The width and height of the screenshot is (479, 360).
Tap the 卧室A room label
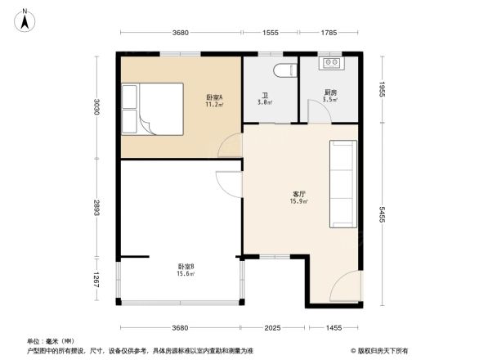pos(215,101)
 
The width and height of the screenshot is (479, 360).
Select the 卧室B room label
pos(185,270)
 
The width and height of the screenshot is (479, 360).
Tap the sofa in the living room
pos(342,184)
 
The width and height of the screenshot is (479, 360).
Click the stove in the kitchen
pos(333,62)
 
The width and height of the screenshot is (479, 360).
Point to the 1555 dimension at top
pos(270,33)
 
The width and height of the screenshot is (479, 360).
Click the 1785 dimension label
pos(329,33)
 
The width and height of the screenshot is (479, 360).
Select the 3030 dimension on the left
pos(96,107)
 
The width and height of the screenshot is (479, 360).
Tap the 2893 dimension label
pos(96,209)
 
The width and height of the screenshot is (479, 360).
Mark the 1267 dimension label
pos(96,281)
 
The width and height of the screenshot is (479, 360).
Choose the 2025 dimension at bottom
pos(272,327)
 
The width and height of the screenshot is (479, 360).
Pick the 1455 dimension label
pos(334,327)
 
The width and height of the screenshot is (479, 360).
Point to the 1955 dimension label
pos(382,88)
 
